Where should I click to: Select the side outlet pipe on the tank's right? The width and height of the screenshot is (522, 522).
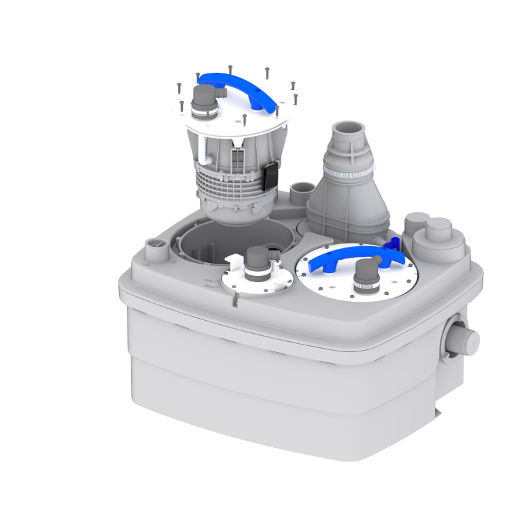point(466,338)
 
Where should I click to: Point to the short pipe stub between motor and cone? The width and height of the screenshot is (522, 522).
point(299,192)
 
